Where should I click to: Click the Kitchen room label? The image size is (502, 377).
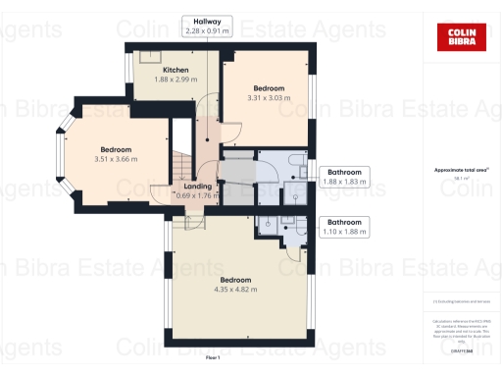click(176, 70)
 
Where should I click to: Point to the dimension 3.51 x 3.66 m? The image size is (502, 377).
click(115, 159)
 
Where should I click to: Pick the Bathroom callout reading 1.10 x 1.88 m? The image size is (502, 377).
click(346, 232)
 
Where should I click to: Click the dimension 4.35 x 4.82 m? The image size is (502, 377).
click(235, 290)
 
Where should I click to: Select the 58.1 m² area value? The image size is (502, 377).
click(457, 179)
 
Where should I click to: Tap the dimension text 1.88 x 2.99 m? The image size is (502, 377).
click(176, 81)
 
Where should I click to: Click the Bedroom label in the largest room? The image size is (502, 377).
click(235, 280)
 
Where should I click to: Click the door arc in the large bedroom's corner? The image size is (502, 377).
click(289, 244)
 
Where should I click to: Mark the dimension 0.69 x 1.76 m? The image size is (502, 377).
click(196, 195)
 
